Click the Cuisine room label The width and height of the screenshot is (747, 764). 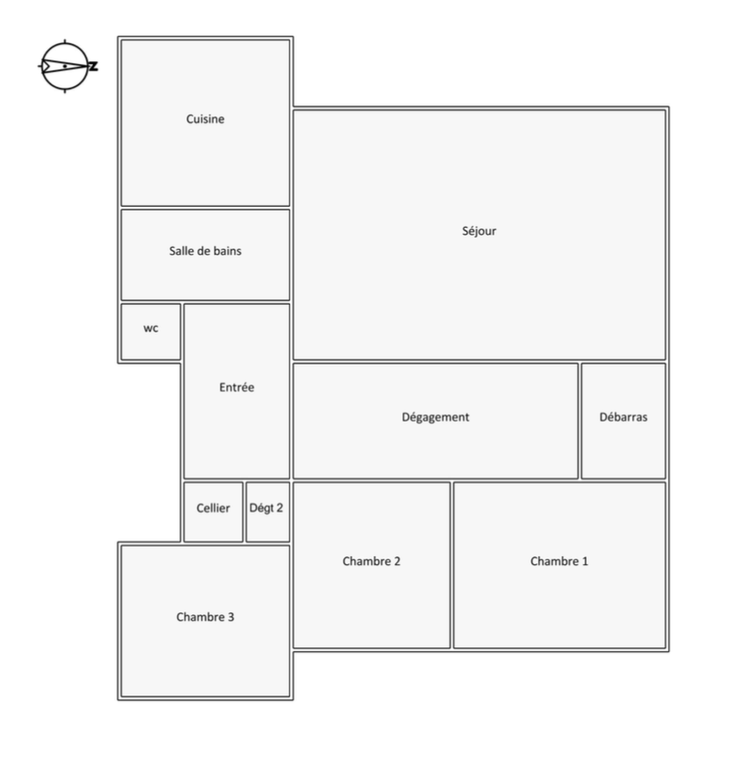(205, 119)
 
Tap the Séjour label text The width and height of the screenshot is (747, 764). (479, 231)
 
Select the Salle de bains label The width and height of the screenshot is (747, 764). (205, 251)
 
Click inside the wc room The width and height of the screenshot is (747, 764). (151, 332)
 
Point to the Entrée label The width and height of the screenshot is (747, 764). (237, 387)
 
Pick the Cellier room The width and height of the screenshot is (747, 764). (213, 512)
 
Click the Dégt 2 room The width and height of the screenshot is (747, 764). (268, 512)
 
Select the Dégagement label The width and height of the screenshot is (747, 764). (436, 417)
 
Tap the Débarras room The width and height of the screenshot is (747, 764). (623, 421)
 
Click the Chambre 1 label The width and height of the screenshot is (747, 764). (559, 561)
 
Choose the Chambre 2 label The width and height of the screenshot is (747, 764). (371, 561)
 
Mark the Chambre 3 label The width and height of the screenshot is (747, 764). (205, 617)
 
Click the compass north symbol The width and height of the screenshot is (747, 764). (65, 66)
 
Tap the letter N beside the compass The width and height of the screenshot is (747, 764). (93, 66)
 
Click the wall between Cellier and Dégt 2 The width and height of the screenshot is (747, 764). (245, 512)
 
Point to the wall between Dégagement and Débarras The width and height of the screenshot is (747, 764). (580, 421)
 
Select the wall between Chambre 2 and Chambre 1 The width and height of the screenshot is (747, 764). (452, 565)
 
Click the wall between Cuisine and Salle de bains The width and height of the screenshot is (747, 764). (205, 208)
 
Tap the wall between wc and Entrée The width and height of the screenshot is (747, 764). (182, 332)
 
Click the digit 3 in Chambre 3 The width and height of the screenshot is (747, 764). (231, 617)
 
